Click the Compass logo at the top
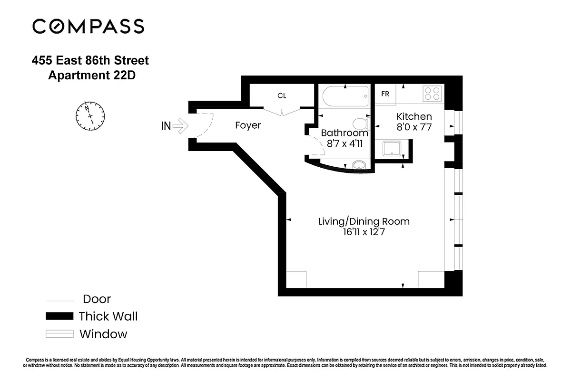click(x=88, y=26)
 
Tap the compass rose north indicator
click(x=90, y=115)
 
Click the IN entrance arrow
click(x=180, y=126)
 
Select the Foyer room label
click(x=248, y=126)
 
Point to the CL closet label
click(x=282, y=95)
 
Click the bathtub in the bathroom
click(x=345, y=98)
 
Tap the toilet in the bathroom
click(x=363, y=124)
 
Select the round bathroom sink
click(x=359, y=165)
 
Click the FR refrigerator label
click(x=385, y=94)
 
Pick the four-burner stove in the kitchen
click(x=432, y=93)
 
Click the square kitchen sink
click(x=392, y=149)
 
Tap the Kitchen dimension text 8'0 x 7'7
click(x=414, y=127)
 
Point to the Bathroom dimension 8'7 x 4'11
click(x=344, y=143)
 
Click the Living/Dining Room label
click(x=364, y=221)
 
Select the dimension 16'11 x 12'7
click(x=364, y=232)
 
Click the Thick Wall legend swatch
click(x=59, y=316)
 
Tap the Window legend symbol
click(x=59, y=334)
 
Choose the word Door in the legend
click(x=97, y=299)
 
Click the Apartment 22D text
click(x=92, y=75)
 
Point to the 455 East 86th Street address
click(x=90, y=61)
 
